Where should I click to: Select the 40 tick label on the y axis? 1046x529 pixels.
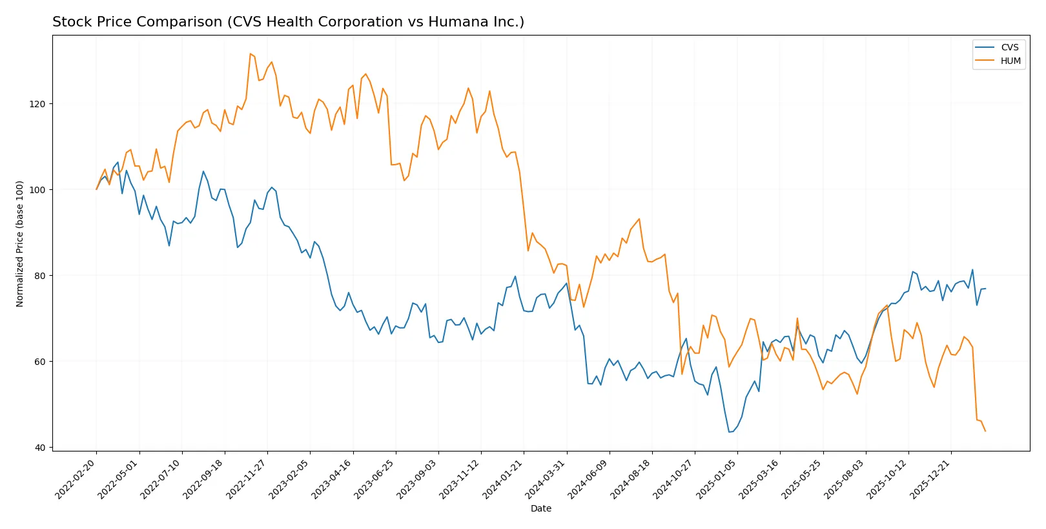[41, 448]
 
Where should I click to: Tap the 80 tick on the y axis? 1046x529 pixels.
[40, 276]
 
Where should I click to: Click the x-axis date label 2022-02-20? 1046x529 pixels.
[76, 479]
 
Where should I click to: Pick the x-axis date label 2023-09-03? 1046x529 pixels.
[418, 479]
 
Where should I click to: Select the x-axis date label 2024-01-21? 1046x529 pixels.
[503, 479]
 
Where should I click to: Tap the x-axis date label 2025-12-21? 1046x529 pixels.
[930, 479]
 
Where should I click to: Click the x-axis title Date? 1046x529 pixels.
[540, 508]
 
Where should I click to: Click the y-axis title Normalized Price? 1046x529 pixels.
[20, 244]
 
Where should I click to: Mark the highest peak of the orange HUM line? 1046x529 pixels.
[250, 54]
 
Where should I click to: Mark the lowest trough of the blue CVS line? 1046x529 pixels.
[729, 432]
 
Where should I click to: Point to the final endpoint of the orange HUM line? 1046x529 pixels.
[985, 431]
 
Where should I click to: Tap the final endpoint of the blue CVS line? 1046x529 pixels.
[985, 289]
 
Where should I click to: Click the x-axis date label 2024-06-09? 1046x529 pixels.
[589, 479]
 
